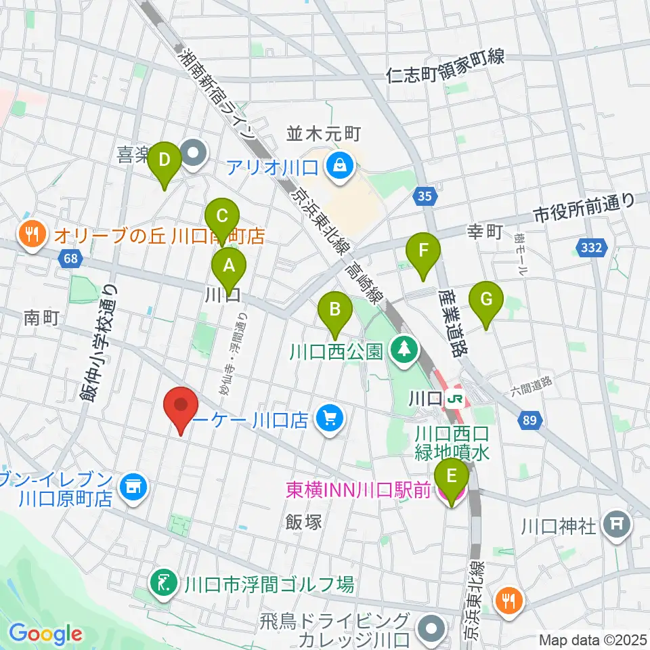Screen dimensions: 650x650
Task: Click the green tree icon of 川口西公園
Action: [x=404, y=350]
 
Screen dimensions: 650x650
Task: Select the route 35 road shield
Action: [x=423, y=197]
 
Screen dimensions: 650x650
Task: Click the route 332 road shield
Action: [x=591, y=248]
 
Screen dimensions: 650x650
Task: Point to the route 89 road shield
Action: [x=531, y=421]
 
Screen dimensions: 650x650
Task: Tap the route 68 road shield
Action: [x=68, y=258]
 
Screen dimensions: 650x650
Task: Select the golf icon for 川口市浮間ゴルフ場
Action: [x=163, y=582]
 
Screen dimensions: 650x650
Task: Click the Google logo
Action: [x=46, y=633]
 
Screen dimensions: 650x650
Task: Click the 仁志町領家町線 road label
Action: [x=446, y=59]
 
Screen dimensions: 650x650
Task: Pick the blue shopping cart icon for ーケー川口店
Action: [x=330, y=420]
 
